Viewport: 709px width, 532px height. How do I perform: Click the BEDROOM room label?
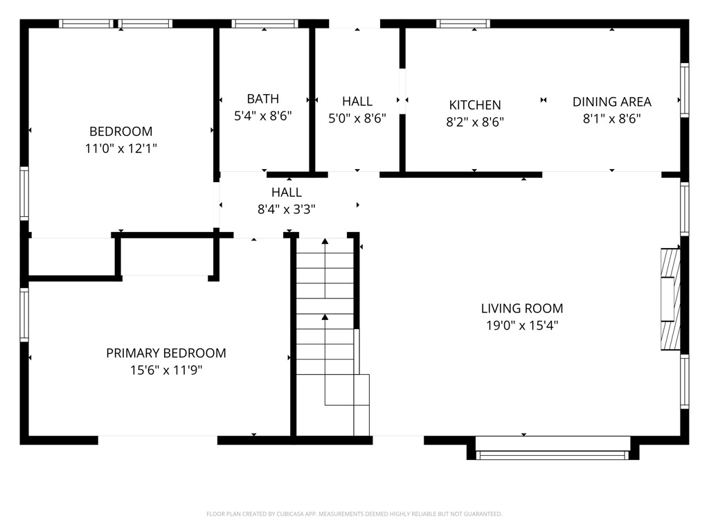(120, 131)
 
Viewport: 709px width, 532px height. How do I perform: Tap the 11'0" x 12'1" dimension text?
(120, 148)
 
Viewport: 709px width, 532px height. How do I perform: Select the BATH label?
(263, 99)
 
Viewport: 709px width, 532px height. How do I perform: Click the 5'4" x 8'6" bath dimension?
(263, 116)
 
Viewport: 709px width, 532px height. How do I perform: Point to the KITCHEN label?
(475, 105)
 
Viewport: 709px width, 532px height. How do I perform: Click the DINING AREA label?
(611, 102)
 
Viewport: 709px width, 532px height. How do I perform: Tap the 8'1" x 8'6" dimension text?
(611, 118)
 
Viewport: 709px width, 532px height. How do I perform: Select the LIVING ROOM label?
(522, 308)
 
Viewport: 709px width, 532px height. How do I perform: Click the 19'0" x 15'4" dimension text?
(522, 326)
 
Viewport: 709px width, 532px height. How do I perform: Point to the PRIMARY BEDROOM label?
(165, 353)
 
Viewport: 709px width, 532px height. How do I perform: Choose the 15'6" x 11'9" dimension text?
(165, 371)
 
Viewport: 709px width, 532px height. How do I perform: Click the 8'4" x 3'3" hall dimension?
(287, 209)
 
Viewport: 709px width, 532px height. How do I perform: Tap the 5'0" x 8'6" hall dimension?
(357, 118)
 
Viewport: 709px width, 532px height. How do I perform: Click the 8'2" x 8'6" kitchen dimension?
(475, 123)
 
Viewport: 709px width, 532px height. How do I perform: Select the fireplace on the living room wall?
(670, 300)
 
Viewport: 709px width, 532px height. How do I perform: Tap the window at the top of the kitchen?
(463, 24)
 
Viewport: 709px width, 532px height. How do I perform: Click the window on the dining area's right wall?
(684, 89)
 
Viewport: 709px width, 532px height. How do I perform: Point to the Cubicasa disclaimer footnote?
(354, 514)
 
